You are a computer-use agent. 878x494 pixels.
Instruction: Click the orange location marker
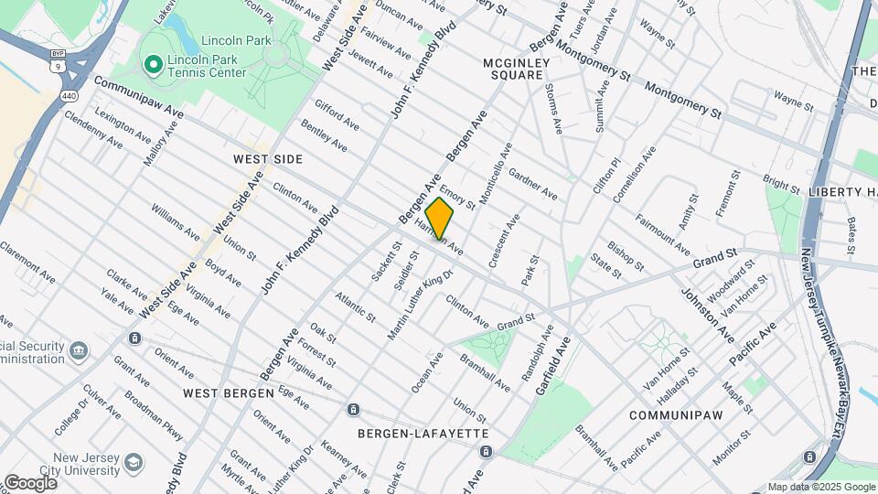point(439,218)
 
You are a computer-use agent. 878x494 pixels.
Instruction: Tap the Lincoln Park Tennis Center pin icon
point(153,64)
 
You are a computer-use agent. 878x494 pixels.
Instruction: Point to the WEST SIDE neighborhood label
point(268,159)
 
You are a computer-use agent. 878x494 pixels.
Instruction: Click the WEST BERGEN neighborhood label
point(228,392)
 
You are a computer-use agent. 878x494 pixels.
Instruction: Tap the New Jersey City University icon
point(134,461)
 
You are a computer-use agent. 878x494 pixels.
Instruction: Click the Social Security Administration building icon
point(80,349)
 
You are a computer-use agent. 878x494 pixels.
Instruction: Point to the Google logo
point(30,482)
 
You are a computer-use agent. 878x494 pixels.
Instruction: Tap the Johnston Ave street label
point(706,316)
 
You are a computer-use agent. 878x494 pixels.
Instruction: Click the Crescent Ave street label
point(504,241)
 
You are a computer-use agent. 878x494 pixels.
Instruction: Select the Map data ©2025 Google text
point(820,487)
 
